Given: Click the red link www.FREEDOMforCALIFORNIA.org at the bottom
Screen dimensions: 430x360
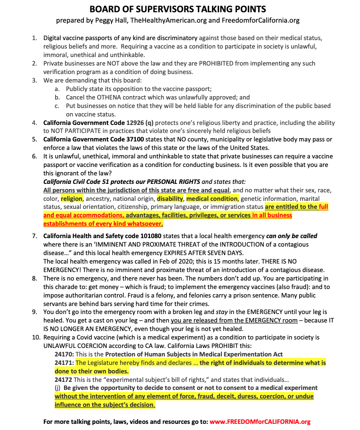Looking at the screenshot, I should (x=260, y=422).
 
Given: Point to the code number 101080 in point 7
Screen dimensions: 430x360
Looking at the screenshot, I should (x=142, y=236).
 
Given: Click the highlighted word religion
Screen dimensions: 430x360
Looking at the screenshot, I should (x=71, y=198).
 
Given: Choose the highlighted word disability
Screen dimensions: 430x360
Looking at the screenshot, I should (x=170, y=198).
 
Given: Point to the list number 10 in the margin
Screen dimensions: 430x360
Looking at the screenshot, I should (x=36, y=338).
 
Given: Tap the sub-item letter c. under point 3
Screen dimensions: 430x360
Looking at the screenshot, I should (x=57, y=106).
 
